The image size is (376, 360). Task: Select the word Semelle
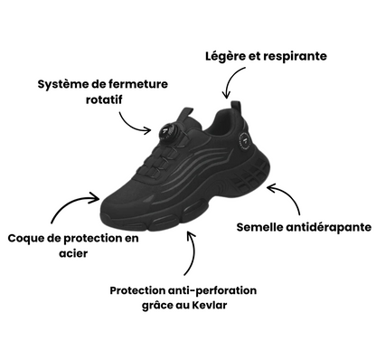point(261,225)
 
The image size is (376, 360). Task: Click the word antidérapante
point(327,225)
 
